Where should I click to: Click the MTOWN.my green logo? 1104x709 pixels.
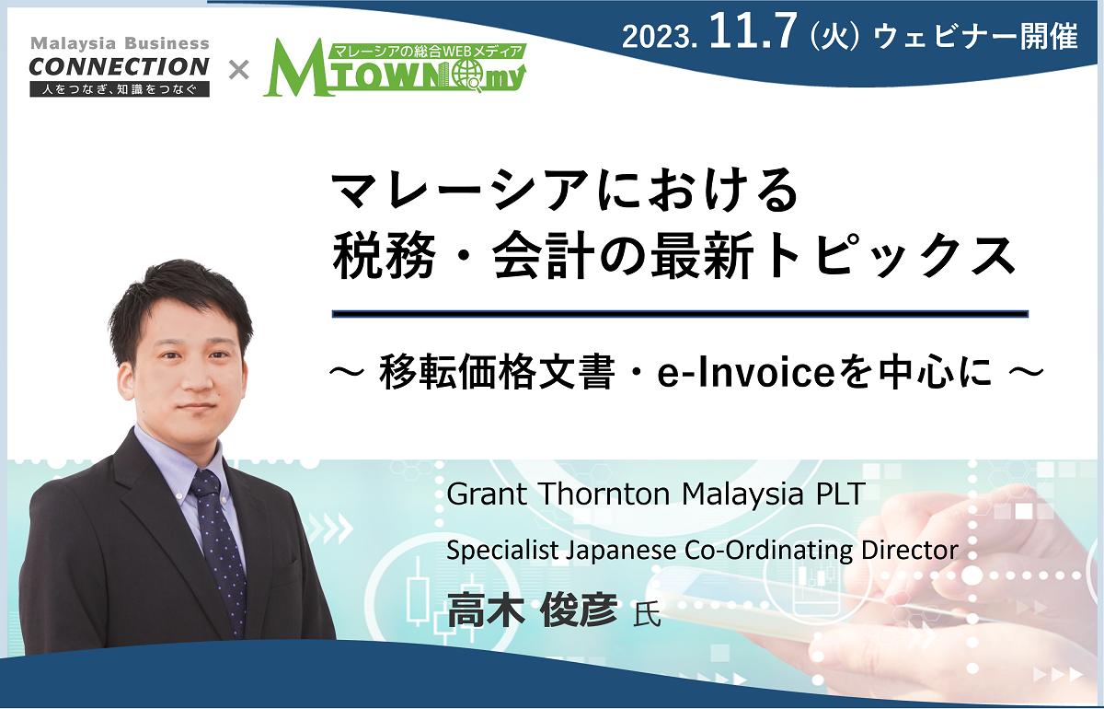[395, 67]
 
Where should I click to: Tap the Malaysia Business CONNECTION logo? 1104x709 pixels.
[120, 66]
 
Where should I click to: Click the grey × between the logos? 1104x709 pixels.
[239, 70]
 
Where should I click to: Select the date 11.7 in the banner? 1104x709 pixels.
[753, 31]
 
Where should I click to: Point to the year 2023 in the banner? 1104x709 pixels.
[659, 37]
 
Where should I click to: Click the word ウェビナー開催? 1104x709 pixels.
[975, 37]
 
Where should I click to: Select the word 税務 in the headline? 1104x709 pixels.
[385, 256]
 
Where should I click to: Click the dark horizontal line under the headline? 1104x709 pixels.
[680, 314]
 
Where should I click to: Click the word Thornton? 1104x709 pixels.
[604, 494]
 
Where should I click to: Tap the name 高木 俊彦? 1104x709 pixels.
[533, 610]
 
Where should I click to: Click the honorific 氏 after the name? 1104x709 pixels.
[647, 615]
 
